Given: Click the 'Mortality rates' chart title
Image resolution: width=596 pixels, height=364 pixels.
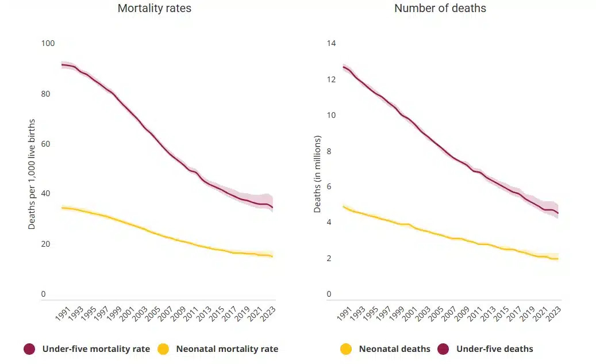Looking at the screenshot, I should coord(154,9).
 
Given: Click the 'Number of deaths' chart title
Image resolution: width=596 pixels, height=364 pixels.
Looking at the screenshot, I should coord(440,9).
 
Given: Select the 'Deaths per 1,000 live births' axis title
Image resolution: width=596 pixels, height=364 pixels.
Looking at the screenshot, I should coord(32,174).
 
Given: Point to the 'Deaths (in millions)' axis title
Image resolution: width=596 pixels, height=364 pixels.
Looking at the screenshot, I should coord(317,174).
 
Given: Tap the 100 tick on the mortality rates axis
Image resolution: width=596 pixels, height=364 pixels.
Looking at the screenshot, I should coord(48,44).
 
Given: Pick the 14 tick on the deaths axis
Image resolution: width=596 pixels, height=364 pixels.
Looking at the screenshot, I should coord(331,44).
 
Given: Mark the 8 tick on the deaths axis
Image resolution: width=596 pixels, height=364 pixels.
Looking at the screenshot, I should coord(329,151).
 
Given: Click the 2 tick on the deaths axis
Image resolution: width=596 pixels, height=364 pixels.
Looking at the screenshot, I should coord(329,259).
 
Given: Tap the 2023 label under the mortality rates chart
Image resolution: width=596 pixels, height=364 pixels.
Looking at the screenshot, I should coord(267,313).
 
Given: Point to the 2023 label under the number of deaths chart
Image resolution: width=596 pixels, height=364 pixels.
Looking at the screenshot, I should coord(553,313).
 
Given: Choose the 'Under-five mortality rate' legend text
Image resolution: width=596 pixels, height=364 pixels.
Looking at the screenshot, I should coord(96,349).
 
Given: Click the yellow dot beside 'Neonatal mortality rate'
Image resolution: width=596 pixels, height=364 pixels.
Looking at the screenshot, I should coord(164,349).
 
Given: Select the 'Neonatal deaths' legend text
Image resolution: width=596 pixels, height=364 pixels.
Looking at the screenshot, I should coord(394,349).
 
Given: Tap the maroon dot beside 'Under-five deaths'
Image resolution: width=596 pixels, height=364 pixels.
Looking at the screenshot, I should coord(444,349).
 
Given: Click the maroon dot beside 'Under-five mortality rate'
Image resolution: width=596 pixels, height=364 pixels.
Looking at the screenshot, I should coord(30,349).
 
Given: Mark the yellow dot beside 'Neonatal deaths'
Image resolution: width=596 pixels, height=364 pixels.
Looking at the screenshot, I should coord(347,349).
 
